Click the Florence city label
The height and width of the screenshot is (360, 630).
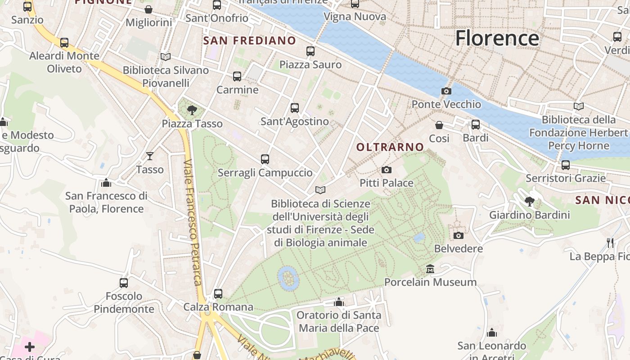coord(497,38)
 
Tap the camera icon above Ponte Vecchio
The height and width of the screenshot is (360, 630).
coord(446,91)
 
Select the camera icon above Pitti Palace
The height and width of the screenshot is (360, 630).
coord(386,170)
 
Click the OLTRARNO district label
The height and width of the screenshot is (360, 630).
coord(390,147)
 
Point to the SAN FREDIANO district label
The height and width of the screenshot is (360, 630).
coord(250,41)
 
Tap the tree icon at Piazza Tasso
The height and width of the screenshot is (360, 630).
coord(192,110)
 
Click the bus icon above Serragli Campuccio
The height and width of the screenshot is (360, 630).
coord(265,159)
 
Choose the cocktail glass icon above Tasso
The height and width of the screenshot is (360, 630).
coord(150,156)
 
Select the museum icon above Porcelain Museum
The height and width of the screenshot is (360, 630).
coord(430,269)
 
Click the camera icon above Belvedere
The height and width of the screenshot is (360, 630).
coord(459,235)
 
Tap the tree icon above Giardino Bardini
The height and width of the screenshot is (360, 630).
coord(530,201)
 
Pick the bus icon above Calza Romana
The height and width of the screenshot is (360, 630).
coord(218,294)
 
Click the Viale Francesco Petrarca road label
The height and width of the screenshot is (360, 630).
coord(192,223)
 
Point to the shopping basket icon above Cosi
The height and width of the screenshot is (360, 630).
coord(439,125)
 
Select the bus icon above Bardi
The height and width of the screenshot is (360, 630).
coord(476,125)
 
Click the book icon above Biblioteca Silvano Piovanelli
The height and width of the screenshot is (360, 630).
coord(166,57)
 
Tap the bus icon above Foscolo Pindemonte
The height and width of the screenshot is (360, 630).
coord(124,283)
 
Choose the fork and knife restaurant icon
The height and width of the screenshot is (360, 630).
coord(610,243)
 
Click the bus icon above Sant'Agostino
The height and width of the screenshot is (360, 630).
coord(295,108)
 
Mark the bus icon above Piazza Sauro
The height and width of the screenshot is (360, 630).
coord(310,51)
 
